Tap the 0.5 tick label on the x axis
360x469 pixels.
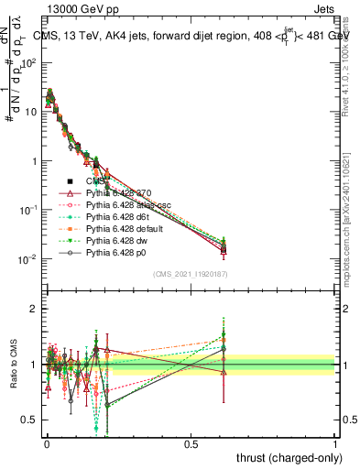[191, 442]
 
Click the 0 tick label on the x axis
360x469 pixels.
[47, 442]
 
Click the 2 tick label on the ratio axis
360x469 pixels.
[35, 309]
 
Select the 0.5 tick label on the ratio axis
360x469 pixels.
[31, 420]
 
